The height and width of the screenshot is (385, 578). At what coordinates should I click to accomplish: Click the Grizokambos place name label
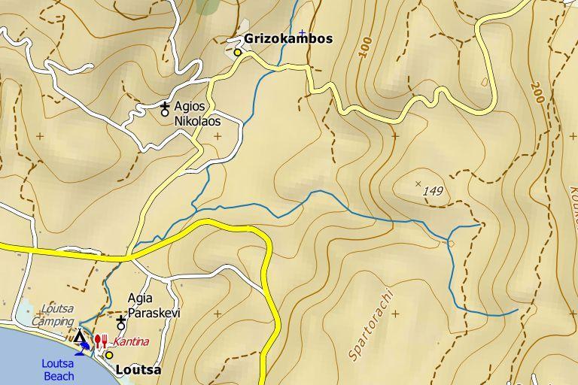click(x=288, y=39)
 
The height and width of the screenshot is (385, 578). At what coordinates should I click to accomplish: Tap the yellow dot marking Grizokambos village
click(x=238, y=53)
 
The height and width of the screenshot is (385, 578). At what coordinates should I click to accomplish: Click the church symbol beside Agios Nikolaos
click(x=165, y=109)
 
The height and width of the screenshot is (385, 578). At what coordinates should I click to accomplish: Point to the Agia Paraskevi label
click(x=154, y=305)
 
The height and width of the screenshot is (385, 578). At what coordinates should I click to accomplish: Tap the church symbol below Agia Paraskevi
click(x=120, y=323)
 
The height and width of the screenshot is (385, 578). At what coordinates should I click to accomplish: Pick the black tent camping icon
click(x=80, y=335)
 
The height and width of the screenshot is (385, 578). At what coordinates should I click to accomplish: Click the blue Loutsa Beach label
click(x=58, y=370)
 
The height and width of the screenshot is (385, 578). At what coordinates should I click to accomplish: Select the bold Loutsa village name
click(x=138, y=370)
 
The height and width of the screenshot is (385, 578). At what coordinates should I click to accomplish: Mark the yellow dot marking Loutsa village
click(x=109, y=355)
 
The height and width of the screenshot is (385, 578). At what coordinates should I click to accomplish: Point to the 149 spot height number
click(x=433, y=192)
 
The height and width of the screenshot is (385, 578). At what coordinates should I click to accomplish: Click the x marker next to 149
click(x=418, y=183)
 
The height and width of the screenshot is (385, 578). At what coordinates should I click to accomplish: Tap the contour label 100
click(x=366, y=47)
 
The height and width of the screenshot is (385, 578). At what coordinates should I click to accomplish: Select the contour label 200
click(x=537, y=92)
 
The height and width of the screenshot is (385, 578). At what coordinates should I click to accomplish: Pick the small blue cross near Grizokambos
click(x=302, y=33)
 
